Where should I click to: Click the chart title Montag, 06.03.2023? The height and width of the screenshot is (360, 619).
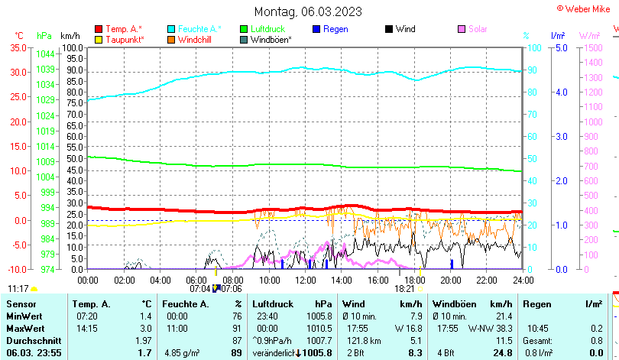point(308,11)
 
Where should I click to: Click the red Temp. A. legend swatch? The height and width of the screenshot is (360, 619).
point(99,29)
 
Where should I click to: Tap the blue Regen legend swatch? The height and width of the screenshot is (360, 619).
point(316,29)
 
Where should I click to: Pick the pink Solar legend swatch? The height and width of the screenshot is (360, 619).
point(462,29)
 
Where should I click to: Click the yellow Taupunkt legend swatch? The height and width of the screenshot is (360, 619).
point(99,39)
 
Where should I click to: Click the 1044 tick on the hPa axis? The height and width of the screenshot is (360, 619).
point(45,54)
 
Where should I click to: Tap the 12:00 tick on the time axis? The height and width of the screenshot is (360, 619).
point(305,280)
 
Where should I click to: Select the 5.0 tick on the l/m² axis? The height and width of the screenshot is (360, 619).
point(559,47)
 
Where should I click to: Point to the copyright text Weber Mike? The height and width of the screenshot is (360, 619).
point(587,8)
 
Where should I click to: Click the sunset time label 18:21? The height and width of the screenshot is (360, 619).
point(404,289)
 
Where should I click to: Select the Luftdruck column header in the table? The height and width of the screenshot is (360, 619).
point(271,304)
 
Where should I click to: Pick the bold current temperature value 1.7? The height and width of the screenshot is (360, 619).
point(144,352)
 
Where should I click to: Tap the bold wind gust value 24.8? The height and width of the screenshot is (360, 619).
point(502,352)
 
